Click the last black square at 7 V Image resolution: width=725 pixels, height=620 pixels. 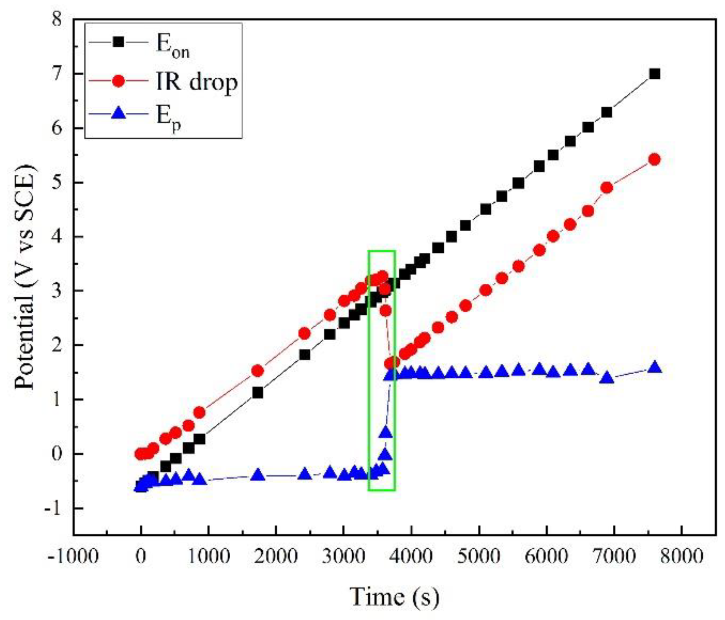click(654, 74)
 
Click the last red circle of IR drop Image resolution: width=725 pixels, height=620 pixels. click(654, 159)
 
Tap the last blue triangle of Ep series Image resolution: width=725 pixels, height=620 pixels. click(654, 368)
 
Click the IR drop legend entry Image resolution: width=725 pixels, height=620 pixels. click(196, 82)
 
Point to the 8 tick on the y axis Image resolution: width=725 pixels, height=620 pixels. click(57, 19)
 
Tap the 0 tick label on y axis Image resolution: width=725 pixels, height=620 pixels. click(57, 454)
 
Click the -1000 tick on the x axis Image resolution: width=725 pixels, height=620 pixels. click(73, 556)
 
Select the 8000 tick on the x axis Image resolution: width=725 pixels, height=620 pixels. click(682, 556)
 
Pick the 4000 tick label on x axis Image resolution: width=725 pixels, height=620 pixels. click(411, 556)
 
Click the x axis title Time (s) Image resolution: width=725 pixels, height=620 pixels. click(394, 597)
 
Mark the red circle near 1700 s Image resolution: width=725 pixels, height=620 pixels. click(257, 370)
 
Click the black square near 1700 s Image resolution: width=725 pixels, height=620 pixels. click(257, 392)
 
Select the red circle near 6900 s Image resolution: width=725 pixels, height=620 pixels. click(607, 188)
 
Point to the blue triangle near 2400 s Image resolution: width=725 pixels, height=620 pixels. click(304, 475)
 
